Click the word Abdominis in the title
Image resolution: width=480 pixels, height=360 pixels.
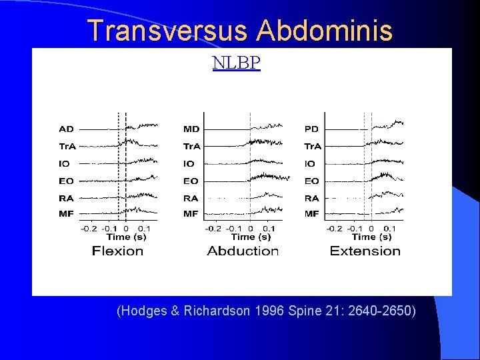325,31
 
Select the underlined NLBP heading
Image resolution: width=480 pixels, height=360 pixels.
236,63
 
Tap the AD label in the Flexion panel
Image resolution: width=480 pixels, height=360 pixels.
67,129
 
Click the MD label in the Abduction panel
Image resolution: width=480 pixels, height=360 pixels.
191,129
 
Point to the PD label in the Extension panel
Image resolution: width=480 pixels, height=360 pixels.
311,129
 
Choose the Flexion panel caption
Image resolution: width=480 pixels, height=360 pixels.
118,251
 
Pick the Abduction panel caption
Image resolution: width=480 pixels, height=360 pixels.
243,251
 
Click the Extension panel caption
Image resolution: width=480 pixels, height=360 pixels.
365,251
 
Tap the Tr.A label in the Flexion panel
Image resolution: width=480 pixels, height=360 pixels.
67,146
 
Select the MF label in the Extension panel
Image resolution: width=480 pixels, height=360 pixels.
311,214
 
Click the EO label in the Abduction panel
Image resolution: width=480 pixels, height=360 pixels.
191,181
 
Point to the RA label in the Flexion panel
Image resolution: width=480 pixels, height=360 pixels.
67,198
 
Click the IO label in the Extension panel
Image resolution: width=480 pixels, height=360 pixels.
310,163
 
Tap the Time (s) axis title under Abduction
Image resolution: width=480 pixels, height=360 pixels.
251,237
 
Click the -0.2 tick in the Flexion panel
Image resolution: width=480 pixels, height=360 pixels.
89,229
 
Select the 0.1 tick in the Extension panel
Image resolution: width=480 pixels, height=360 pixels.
389,229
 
